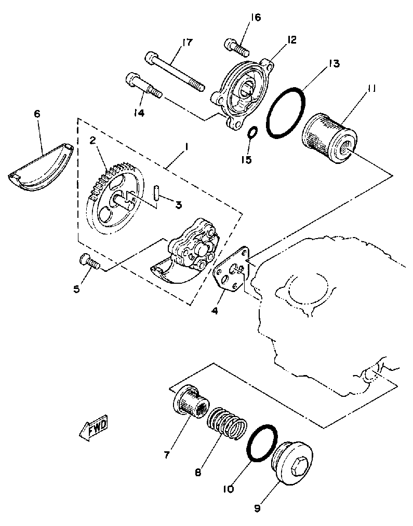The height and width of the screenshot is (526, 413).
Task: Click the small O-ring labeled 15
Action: coord(252,133)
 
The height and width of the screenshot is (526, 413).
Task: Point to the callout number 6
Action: coord(37,114)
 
